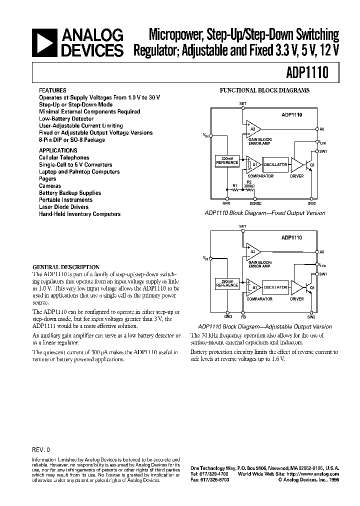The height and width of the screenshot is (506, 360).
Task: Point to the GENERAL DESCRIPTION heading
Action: [x=66, y=267]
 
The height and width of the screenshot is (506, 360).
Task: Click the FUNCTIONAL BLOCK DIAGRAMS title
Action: [x=265, y=90]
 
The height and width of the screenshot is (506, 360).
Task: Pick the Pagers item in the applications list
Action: [x=47, y=178]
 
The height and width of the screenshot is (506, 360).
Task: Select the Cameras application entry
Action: [x=50, y=185]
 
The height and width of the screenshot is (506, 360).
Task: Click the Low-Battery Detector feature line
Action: [x=66, y=119]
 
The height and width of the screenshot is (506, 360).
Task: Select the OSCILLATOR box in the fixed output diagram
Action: [x=275, y=164]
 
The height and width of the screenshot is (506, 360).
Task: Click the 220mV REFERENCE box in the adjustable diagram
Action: [x=226, y=283]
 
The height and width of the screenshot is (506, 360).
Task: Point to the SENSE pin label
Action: [x=255, y=203]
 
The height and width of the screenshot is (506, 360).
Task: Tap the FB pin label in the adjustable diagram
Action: [x=243, y=316]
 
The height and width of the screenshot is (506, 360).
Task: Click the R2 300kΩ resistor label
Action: [x=248, y=184]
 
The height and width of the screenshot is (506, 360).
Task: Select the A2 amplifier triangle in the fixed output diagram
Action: [x=253, y=128]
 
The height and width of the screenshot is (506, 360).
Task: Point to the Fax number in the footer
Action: [x=209, y=480]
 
